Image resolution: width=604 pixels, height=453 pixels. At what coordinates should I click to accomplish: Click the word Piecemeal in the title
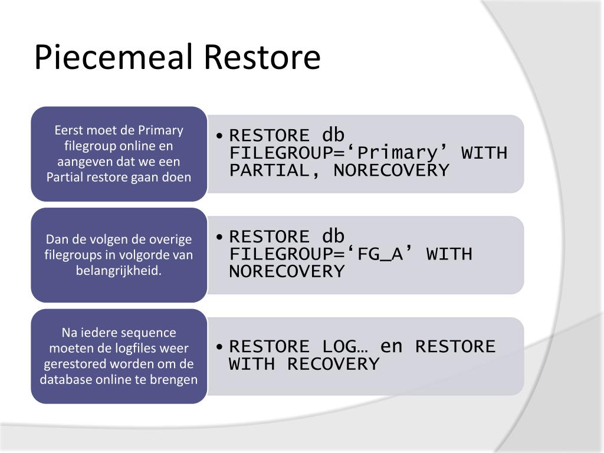coord(113,57)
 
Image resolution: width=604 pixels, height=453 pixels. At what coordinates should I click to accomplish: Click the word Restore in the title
coord(262,57)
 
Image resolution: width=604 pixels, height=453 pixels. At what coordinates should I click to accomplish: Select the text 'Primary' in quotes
coord(398,153)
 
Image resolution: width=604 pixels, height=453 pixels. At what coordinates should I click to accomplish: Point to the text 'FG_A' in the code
coord(380,254)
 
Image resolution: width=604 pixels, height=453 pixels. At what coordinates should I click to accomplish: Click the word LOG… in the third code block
coord(345,346)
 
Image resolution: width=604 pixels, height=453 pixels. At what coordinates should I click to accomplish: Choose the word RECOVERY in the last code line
coord(333,364)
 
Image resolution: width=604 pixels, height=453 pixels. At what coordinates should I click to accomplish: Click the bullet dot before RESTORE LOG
coord(219,347)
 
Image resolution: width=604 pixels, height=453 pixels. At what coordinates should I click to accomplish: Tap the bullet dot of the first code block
coord(219,136)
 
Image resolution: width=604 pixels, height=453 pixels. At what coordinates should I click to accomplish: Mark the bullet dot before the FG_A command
coord(219,237)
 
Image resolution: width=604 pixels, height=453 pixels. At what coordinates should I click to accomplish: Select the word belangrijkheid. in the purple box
coord(119,270)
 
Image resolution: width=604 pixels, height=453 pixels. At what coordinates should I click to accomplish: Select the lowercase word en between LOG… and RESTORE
coord(392,346)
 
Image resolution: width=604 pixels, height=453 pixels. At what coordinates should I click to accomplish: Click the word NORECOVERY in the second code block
coord(287,271)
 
